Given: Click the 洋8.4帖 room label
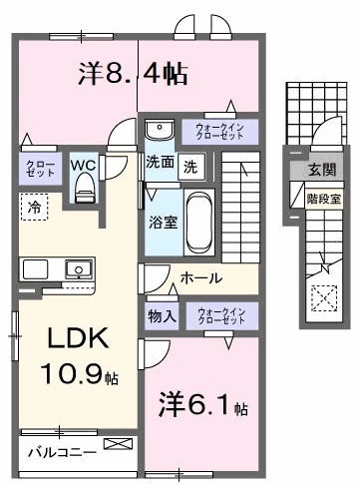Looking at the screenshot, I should point(133,73).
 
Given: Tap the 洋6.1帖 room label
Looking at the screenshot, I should point(200,405).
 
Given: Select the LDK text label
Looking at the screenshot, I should point(73,340).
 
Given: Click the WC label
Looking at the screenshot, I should point(83,163).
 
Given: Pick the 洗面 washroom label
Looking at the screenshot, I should point(159,161).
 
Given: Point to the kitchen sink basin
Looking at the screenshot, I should point(76,267).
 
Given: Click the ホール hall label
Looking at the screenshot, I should point(201,278).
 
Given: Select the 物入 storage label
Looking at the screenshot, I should point(163,317).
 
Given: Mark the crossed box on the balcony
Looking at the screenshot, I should point(118,444).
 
